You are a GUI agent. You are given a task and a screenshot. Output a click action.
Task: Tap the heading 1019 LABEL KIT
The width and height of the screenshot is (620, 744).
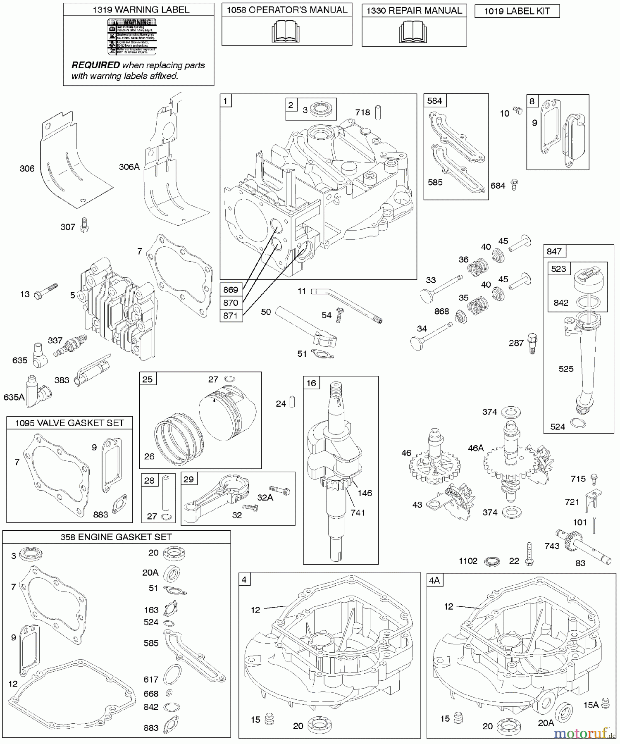[517, 12]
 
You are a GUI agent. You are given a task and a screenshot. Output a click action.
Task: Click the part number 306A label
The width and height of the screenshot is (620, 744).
[129, 167]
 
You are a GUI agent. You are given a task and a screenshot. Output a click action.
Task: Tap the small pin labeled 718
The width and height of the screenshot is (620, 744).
[378, 112]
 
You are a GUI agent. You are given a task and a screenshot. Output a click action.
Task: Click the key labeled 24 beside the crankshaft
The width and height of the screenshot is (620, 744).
[292, 402]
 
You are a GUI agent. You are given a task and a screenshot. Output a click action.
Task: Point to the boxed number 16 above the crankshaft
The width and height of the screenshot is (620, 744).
[311, 383]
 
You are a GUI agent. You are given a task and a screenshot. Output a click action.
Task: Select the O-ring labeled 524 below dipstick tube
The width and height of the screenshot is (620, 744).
[578, 423]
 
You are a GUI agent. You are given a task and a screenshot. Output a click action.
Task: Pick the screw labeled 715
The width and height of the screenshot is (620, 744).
[594, 478]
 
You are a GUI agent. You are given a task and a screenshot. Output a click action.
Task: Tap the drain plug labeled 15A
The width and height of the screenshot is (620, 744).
[606, 703]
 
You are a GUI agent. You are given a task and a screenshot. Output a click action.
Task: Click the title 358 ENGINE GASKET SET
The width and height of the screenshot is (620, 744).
[116, 537]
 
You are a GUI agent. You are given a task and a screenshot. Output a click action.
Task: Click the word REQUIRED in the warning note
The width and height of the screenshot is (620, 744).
[95, 65]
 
